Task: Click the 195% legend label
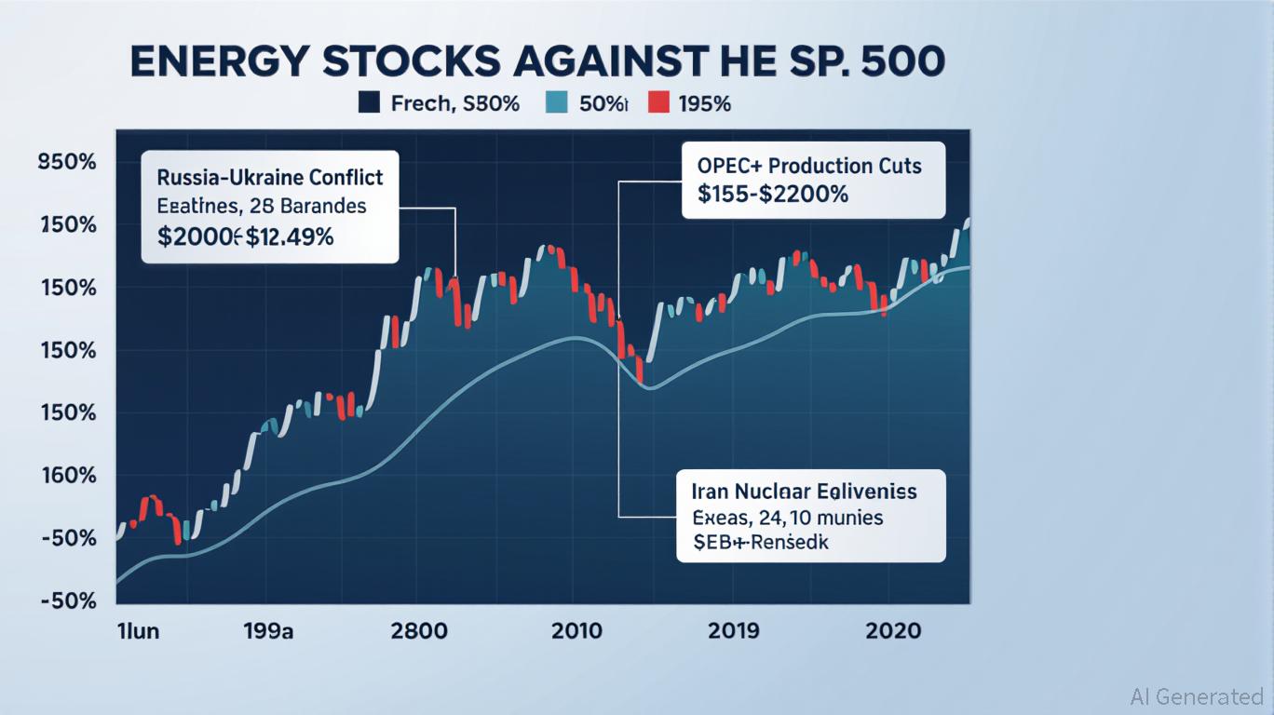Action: point(705,103)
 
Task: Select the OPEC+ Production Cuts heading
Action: point(808,166)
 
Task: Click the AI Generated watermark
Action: point(1197,695)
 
